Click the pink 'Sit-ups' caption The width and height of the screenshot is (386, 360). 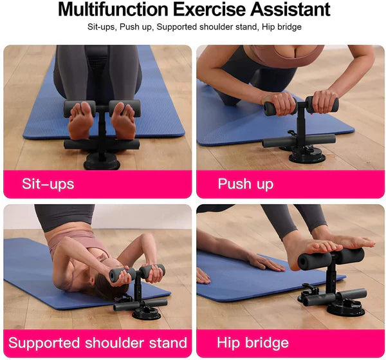point(48,184)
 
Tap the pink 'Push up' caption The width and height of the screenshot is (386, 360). point(245,184)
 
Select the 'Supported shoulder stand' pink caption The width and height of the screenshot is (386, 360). point(98,343)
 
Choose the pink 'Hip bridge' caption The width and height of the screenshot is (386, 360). point(253,343)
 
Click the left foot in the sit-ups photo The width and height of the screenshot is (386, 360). point(81,122)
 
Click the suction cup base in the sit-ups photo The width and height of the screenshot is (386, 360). point(102,160)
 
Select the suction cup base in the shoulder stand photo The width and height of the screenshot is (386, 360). point(146,313)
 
